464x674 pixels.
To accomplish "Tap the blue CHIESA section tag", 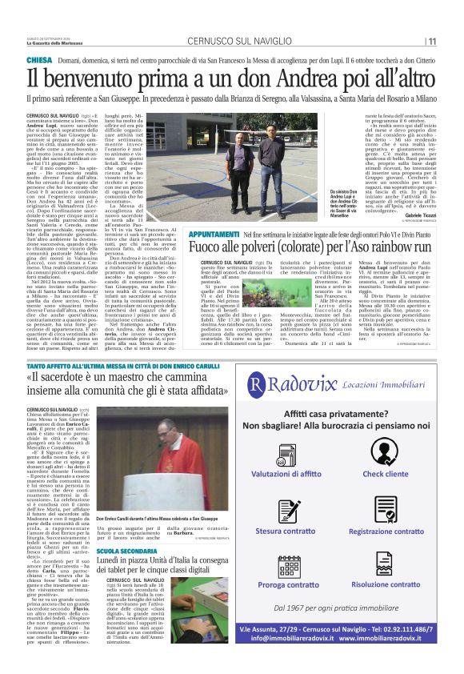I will [x=39, y=61].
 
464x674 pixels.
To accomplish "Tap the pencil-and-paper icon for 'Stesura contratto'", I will [x=289, y=508].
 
